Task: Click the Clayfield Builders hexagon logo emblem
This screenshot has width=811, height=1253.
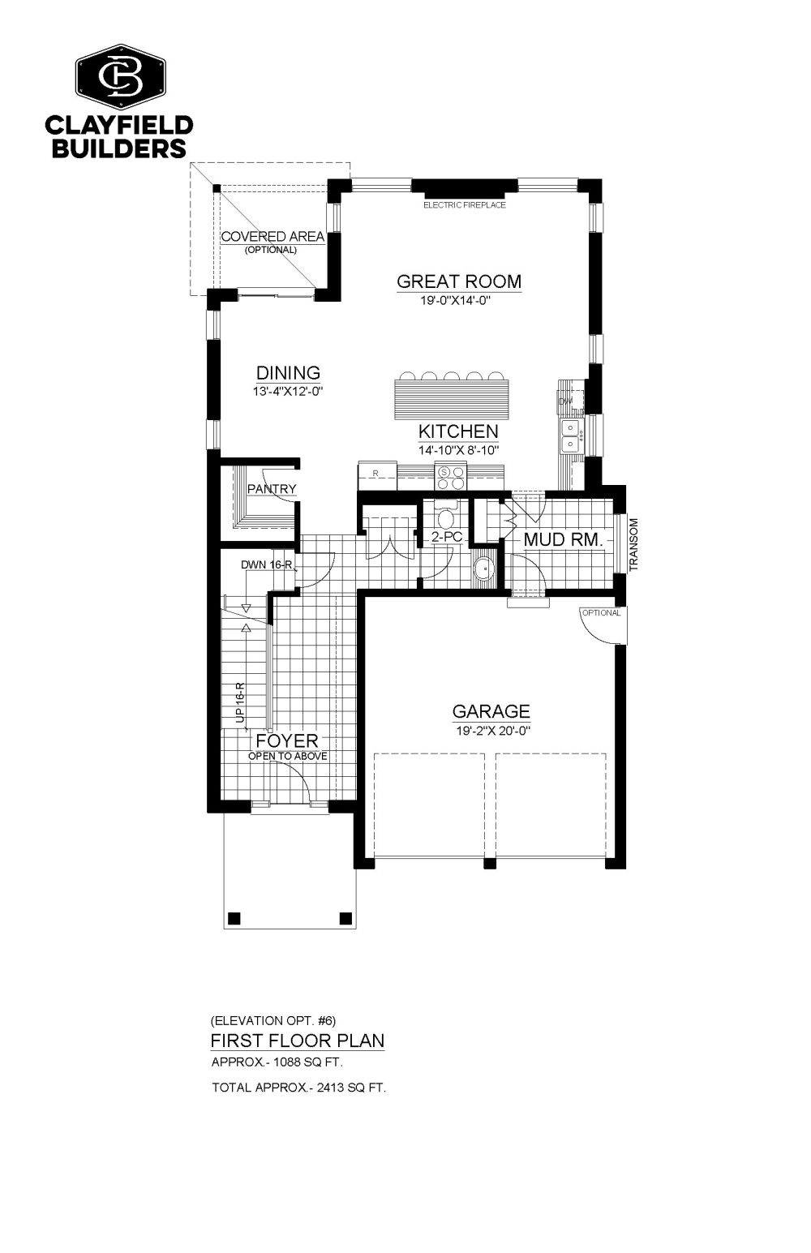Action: pos(122,77)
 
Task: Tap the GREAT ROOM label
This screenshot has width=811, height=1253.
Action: pos(459,281)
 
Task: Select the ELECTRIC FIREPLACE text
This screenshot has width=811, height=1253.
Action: pos(464,205)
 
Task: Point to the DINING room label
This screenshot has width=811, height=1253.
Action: pos(288,372)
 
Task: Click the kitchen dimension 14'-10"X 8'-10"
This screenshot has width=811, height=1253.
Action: pos(458,450)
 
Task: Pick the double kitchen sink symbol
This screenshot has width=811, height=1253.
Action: pos(570,436)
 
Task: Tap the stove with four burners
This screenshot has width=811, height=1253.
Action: pos(451,478)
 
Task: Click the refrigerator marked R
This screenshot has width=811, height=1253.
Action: pos(377,474)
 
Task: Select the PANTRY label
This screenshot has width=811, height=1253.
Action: pos(272,489)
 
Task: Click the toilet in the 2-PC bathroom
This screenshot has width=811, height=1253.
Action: pos(446,516)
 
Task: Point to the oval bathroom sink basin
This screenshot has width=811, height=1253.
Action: pos(483,569)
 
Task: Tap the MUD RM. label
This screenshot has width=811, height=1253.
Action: pos(563,540)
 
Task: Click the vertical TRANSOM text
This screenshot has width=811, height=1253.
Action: pos(633,544)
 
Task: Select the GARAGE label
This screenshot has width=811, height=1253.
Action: pos(491,711)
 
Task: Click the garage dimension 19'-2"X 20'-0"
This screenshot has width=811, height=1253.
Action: pos(492,731)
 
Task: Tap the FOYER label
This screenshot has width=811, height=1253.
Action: pos(287,740)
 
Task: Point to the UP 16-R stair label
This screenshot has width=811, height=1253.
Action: pos(241,702)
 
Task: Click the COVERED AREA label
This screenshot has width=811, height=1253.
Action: pos(272,237)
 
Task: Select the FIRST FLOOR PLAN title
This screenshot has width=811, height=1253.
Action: pos(298,1041)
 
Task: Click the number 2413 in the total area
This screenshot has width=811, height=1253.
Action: pos(329,1088)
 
